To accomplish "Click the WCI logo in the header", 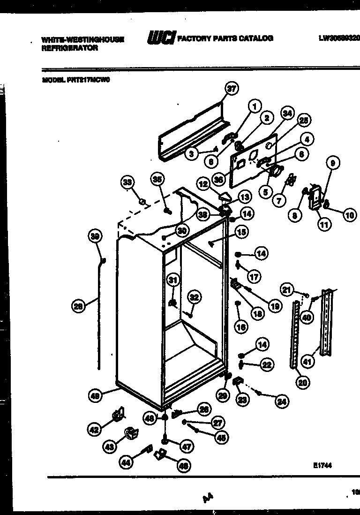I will point(161,38).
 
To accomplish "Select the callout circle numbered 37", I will point(231,89).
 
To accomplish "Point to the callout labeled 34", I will point(287,114).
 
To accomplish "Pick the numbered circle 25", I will point(304,121).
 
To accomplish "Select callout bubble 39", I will point(96,237).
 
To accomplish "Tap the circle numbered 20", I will point(302,382).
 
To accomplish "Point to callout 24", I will point(282,401).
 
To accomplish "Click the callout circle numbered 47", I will point(187,447).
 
